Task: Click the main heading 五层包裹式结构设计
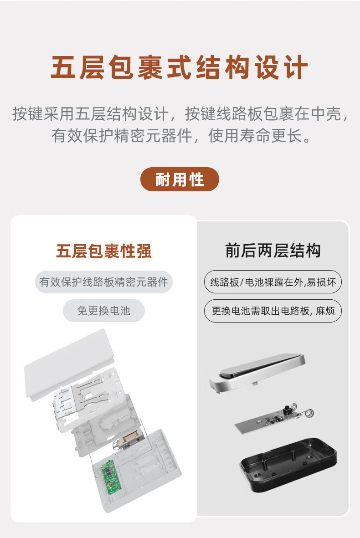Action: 180,68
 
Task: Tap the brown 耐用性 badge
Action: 180,179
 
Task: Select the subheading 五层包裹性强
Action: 104,251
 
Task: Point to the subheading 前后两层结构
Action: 273,251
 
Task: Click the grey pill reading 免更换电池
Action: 104,311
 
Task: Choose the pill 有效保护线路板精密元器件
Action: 104,282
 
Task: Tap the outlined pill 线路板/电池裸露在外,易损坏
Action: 273,282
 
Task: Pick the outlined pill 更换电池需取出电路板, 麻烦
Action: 273,311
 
